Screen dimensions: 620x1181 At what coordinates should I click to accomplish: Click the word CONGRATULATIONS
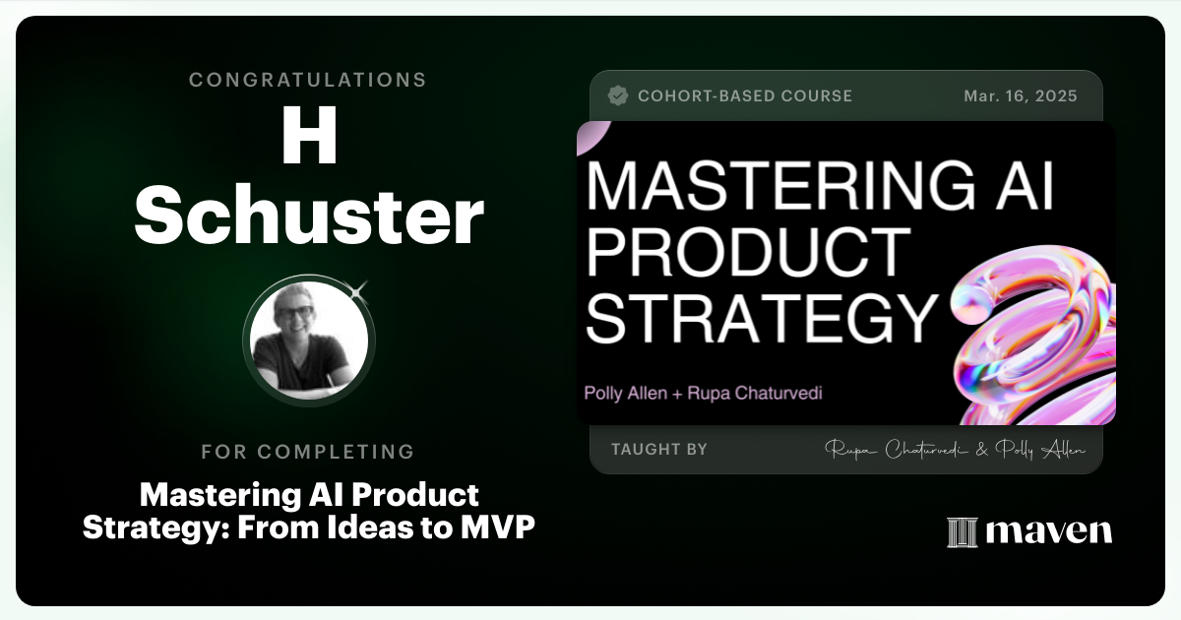click(308, 80)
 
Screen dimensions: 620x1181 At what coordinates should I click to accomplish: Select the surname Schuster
click(308, 217)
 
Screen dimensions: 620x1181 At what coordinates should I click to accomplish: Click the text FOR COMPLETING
click(308, 452)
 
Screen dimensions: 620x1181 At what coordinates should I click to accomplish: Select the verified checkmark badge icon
click(618, 95)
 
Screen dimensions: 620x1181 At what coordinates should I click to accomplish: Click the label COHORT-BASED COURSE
click(745, 96)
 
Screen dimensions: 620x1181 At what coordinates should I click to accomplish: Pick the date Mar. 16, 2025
click(1021, 96)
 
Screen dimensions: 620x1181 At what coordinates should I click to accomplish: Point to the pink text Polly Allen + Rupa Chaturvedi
click(703, 394)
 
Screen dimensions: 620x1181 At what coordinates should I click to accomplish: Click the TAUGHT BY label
click(658, 450)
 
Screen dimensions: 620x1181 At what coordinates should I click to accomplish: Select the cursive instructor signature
click(955, 450)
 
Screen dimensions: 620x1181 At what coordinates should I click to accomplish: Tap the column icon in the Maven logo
click(962, 531)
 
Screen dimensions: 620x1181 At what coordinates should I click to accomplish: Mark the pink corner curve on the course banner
click(590, 138)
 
